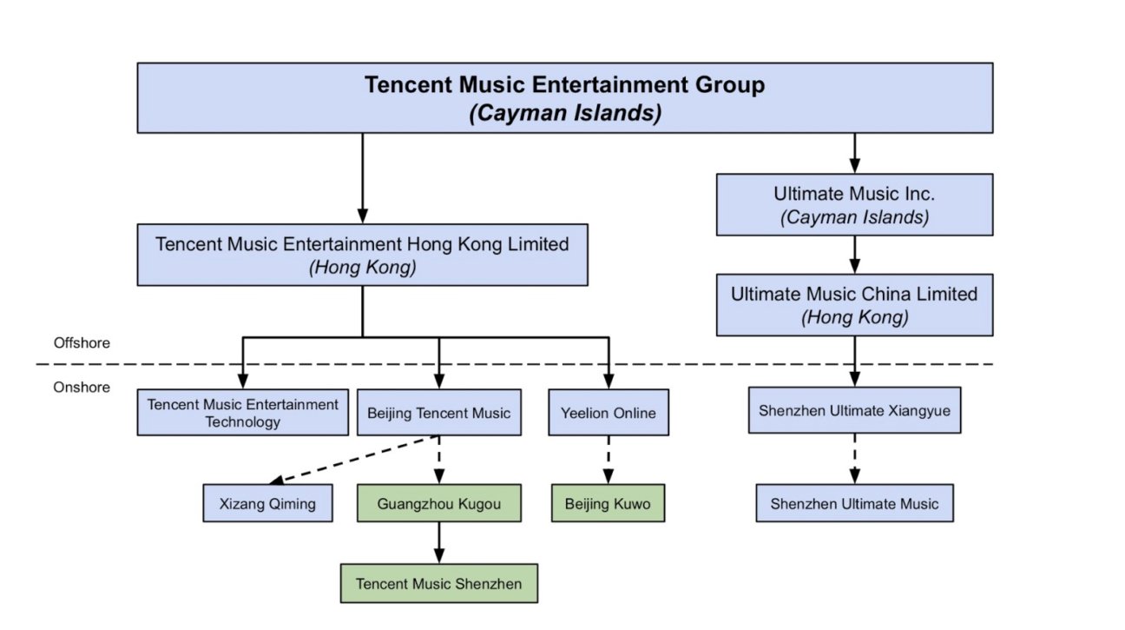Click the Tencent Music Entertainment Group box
564,97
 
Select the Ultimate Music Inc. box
854,204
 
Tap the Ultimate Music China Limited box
854,305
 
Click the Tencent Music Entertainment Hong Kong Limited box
362,255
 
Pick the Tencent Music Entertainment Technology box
242,412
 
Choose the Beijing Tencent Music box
438,412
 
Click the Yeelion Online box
609,412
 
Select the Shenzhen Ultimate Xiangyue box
854,410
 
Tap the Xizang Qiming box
267,503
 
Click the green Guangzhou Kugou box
438,503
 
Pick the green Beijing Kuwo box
607,503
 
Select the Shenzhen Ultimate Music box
854,503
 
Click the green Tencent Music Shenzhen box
438,583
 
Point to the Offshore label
82,343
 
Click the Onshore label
82,387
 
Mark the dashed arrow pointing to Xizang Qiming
352,459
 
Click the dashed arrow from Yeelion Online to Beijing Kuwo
608,459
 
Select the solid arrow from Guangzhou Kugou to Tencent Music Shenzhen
438,542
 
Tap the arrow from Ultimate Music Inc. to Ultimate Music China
854,255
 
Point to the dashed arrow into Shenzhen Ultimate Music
854,458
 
